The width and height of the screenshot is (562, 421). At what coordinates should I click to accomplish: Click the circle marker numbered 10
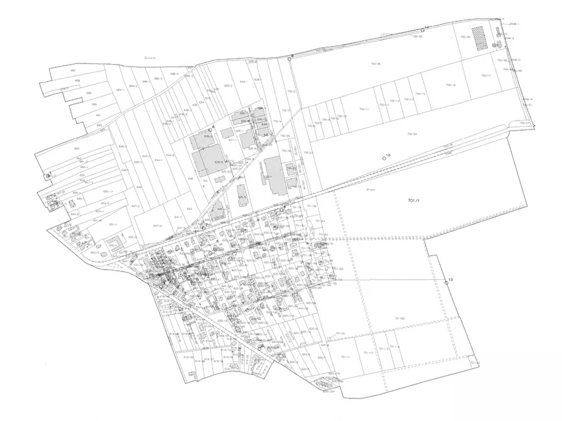coord(385,158)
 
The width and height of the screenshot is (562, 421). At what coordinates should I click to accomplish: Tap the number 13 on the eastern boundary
coord(449,279)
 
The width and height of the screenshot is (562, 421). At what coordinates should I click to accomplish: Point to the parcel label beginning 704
coord(413,200)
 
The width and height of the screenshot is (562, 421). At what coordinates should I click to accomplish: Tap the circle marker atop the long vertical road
coord(290,57)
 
